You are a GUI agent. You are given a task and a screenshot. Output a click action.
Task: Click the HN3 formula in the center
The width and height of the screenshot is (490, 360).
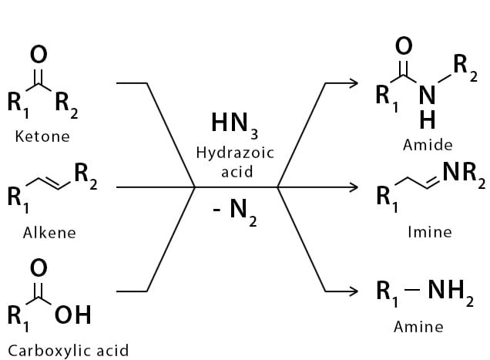click(x=235, y=123)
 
